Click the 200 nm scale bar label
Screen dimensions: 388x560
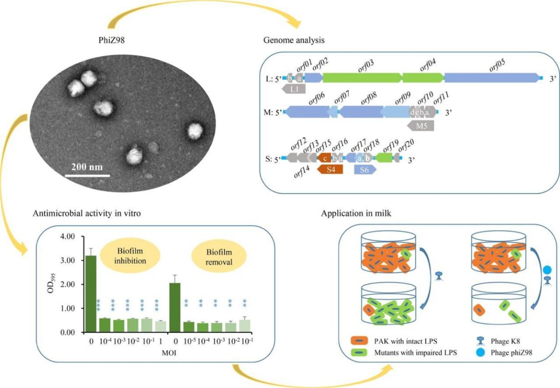click(x=87, y=166)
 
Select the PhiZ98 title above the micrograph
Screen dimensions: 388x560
click(x=111, y=40)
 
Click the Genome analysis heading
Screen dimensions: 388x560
click(x=294, y=40)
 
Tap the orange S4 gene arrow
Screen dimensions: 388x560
click(x=330, y=169)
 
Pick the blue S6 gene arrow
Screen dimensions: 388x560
click(x=365, y=170)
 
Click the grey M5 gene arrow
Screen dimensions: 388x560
click(x=421, y=126)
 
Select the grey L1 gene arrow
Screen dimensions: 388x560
click(x=294, y=89)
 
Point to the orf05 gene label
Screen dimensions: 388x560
click(x=497, y=66)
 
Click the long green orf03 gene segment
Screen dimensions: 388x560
click(x=362, y=78)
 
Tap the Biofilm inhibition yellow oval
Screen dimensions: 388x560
click(x=130, y=256)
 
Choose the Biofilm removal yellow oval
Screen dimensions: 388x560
click(x=219, y=257)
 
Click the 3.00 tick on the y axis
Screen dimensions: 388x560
click(x=67, y=260)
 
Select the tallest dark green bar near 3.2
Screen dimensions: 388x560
click(x=91, y=294)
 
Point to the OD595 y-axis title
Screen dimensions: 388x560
click(x=51, y=283)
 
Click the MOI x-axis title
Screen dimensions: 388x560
click(x=169, y=353)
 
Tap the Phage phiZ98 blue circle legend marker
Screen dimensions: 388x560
click(x=480, y=353)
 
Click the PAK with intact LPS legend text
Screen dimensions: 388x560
click(x=405, y=341)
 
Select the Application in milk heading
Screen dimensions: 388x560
click(x=356, y=213)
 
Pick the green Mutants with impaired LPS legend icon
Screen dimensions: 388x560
click(x=359, y=353)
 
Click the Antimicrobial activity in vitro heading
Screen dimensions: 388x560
click(x=87, y=213)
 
